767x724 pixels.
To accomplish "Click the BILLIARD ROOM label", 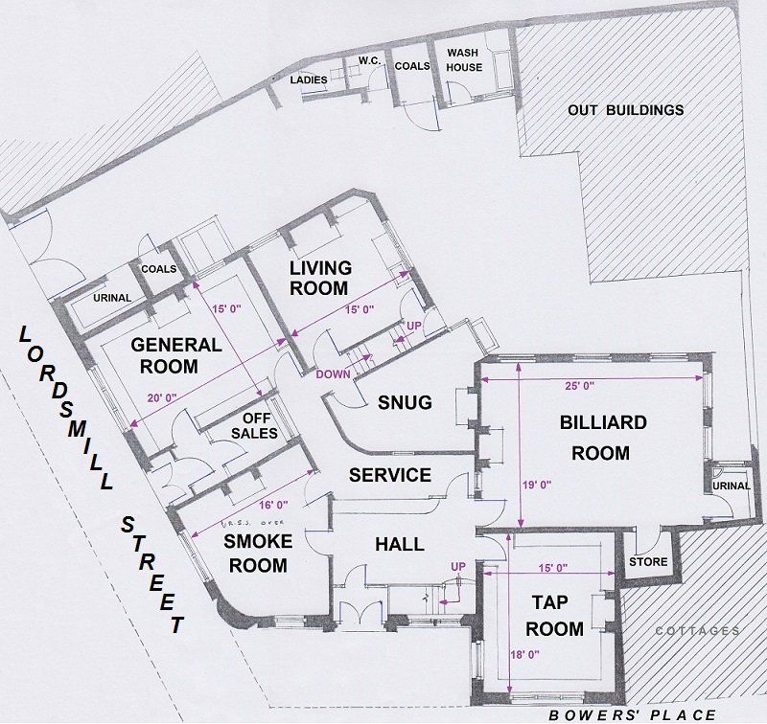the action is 603,438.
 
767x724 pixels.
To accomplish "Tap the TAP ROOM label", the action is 553,616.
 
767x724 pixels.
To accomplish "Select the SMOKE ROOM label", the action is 258,553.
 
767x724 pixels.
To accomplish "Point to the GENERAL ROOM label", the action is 176,355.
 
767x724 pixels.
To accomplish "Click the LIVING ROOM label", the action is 320,278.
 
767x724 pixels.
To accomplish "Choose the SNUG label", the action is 405,402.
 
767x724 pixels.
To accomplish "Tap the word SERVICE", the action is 390,475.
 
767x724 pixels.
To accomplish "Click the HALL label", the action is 400,544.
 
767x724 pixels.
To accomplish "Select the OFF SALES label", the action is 254,425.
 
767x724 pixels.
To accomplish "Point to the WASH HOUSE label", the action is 464,59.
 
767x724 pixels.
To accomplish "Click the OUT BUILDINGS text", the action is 626,110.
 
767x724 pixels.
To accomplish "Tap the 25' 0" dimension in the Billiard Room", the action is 580,386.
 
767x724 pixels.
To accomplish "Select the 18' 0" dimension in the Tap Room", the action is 524,655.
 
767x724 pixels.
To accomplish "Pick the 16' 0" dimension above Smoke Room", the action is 273,504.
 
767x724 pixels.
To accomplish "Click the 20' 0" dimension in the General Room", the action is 162,397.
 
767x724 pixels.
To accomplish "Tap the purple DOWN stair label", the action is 333,374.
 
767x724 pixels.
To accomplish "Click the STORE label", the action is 648,562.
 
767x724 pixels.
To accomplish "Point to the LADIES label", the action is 309,79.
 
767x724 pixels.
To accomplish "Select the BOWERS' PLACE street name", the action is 632,715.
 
